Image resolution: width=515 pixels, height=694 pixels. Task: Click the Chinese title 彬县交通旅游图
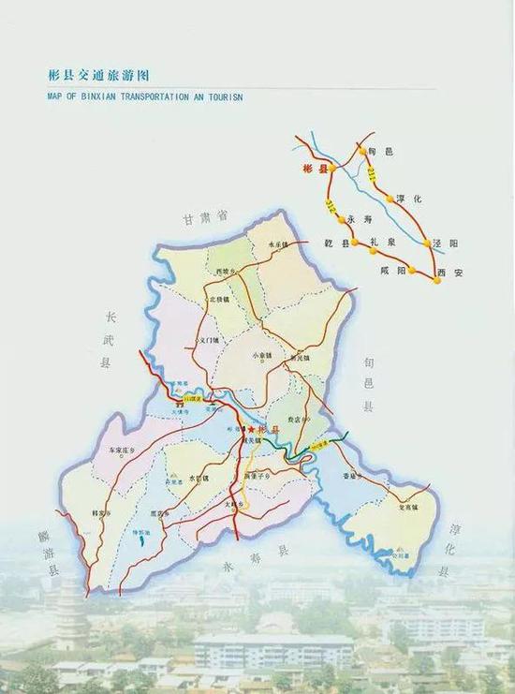(98, 75)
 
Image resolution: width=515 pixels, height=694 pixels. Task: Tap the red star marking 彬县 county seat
(251, 428)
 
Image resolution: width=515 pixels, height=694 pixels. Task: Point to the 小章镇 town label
(261, 356)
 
